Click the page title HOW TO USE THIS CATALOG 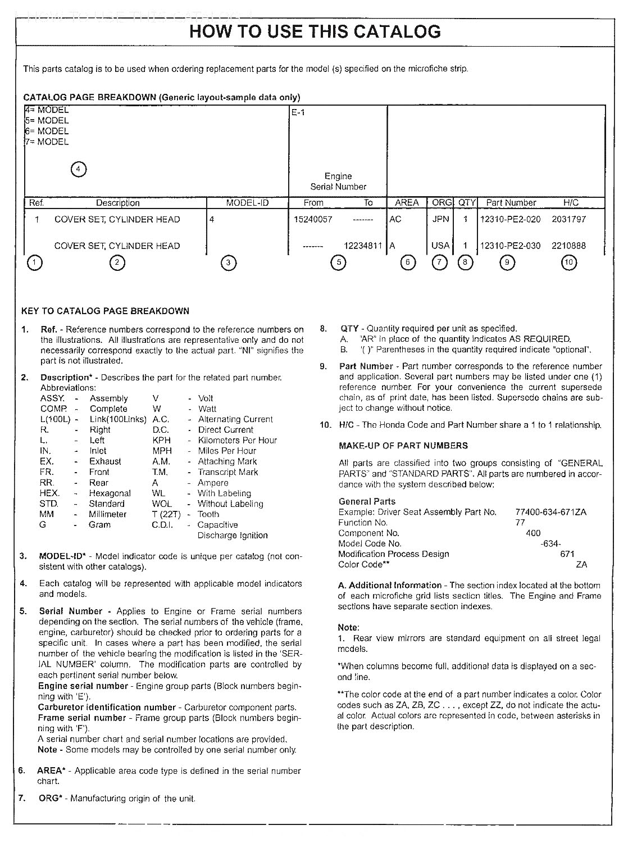pyautogui.click(x=315, y=31)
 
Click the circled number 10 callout pyautogui.click(x=569, y=262)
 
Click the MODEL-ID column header pyautogui.click(x=247, y=203)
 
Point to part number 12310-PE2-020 pyautogui.click(x=510, y=219)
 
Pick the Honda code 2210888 pyautogui.click(x=568, y=246)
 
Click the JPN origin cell pyautogui.click(x=441, y=219)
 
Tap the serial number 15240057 pyautogui.click(x=313, y=219)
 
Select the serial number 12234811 pyautogui.click(x=363, y=246)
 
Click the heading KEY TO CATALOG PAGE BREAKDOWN pyautogui.click(x=105, y=311)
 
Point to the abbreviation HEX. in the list pyautogui.click(x=49, y=493)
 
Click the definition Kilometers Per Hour pyautogui.click(x=237, y=441)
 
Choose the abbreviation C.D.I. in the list pyautogui.click(x=162, y=525)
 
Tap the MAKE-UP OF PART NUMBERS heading pyautogui.click(x=403, y=446)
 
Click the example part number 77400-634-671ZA pyautogui.click(x=550, y=512)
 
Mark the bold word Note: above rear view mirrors pyautogui.click(x=348, y=627)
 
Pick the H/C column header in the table pyautogui.click(x=571, y=203)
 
